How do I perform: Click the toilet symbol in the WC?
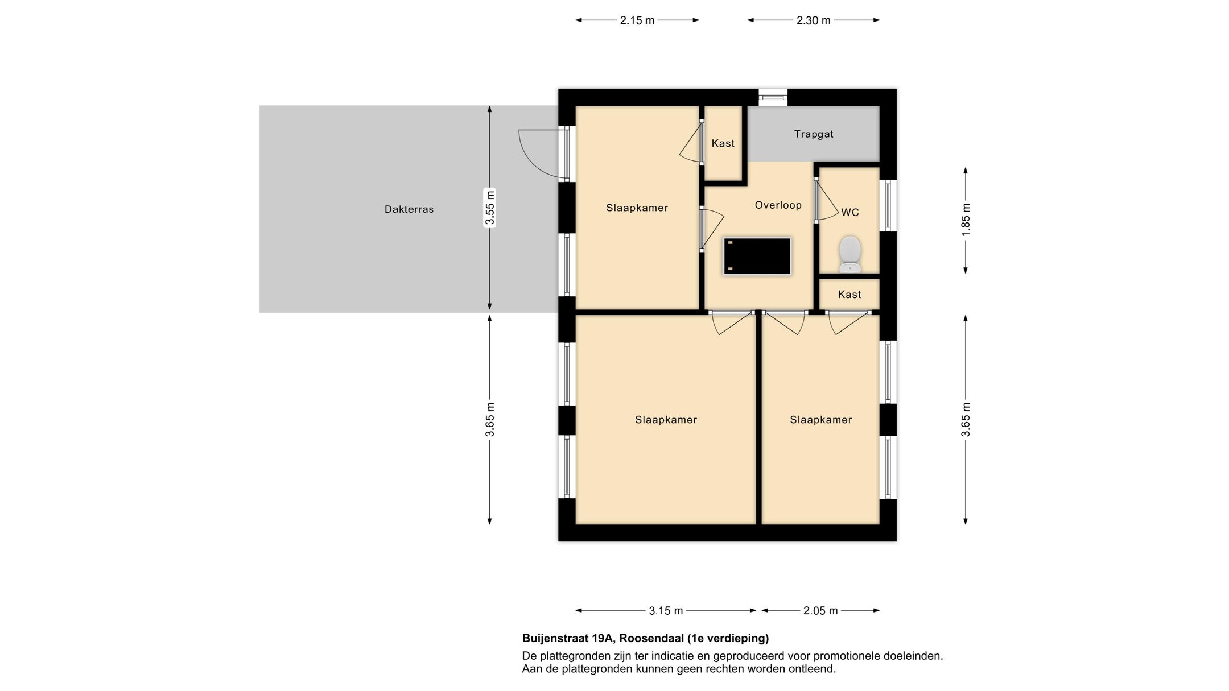click(849, 254)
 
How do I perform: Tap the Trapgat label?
click(814, 134)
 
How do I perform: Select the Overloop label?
click(778, 205)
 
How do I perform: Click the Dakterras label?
click(409, 209)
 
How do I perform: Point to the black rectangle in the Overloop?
click(757, 256)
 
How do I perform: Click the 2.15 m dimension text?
click(637, 20)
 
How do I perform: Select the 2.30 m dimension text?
click(813, 20)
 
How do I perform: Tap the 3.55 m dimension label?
click(490, 208)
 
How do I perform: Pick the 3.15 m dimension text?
click(666, 611)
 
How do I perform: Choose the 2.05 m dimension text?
click(820, 611)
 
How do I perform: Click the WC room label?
click(850, 213)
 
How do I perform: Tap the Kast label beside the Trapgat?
click(723, 143)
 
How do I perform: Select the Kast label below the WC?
click(849, 295)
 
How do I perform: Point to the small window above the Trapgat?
click(773, 97)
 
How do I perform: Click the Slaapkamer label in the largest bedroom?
click(666, 420)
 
